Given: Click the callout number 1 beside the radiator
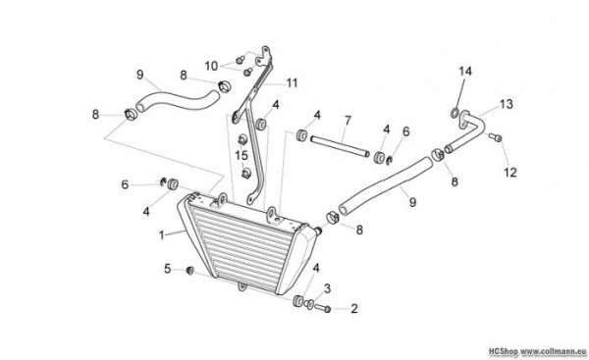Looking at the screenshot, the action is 162,235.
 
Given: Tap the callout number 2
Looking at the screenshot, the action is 353,309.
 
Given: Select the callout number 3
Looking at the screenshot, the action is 327,288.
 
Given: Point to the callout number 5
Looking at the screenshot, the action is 168,269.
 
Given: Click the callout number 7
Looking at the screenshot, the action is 348,121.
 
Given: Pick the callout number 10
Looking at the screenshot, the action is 211,66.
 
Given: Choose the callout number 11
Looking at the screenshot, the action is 292,82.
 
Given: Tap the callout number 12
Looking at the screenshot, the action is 510,173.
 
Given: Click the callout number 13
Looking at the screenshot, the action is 506,104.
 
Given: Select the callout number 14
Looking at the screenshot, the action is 465,71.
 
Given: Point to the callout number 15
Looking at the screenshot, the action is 241,155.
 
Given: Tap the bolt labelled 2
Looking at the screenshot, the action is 322,309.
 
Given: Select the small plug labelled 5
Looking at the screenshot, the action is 189,270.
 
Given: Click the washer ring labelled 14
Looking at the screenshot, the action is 455,112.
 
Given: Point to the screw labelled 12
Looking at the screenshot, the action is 495,137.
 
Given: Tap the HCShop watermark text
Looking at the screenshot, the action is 503,351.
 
